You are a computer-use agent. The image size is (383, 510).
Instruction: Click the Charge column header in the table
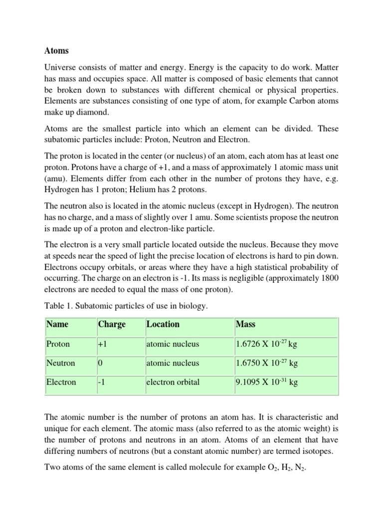point(112,324)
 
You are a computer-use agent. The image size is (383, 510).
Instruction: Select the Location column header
point(163,324)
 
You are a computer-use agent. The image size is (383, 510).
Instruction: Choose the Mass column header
point(246,324)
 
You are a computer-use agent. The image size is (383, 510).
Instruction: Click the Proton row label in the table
point(58,344)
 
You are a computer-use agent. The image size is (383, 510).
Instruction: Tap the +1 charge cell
point(103,344)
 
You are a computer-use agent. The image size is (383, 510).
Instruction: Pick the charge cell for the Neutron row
point(100,363)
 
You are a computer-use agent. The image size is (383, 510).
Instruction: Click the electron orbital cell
point(173,382)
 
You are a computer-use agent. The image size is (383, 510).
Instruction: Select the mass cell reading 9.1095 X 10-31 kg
point(267,382)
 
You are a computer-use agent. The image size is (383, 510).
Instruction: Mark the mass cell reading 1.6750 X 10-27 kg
point(267,363)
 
